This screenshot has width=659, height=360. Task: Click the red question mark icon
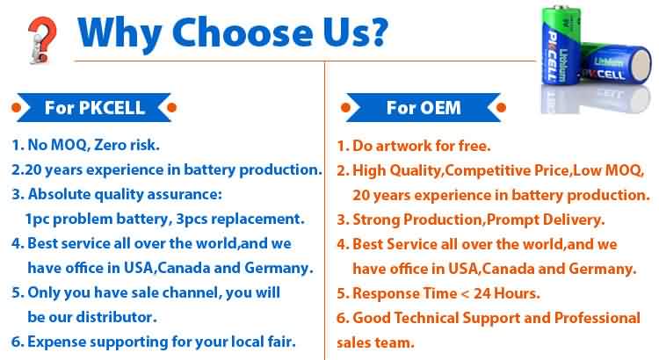coord(42,40)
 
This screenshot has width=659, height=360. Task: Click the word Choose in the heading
coord(243,32)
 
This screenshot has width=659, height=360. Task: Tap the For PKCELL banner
coord(94,107)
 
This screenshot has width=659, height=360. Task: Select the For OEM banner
coord(424,107)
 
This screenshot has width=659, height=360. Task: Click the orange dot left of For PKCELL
coord(17,107)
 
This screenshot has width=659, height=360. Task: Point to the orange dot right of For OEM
coord(501,107)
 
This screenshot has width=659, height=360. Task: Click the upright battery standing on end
coord(561,45)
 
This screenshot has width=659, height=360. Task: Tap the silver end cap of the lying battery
coord(641,65)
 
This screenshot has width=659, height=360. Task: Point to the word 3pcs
coord(192,219)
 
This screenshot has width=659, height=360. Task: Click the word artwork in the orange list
coord(403,146)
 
